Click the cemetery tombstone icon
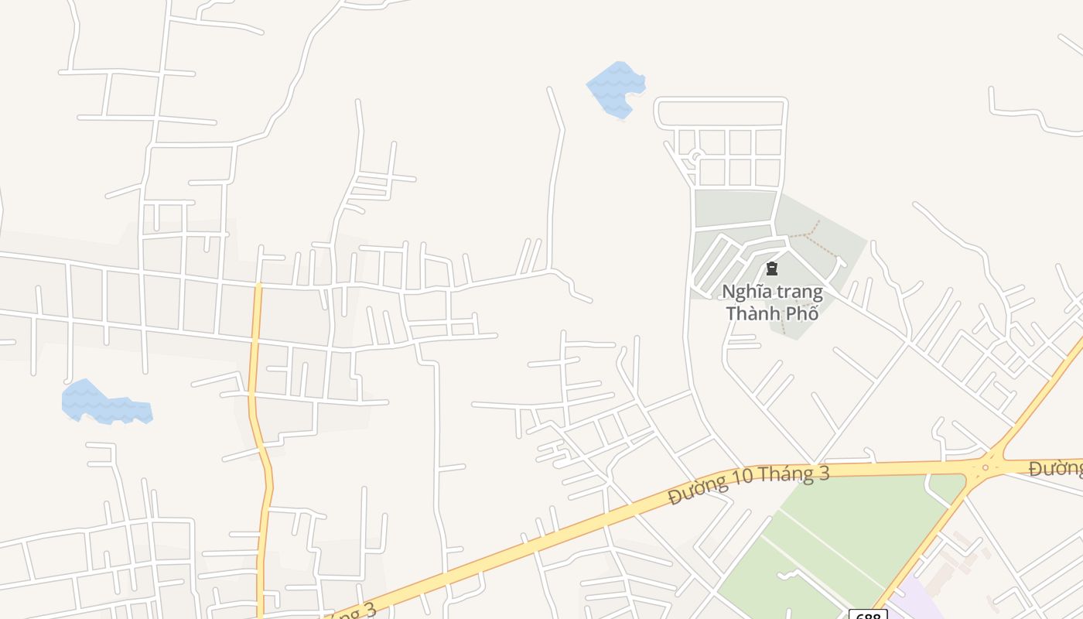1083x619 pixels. click(x=771, y=269)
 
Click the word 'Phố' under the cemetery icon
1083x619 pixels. click(x=804, y=314)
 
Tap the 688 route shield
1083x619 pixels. click(x=867, y=614)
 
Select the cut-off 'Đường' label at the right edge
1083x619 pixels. click(x=1055, y=468)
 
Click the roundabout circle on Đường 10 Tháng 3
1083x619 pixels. click(x=985, y=467)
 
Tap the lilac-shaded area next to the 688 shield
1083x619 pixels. click(x=917, y=604)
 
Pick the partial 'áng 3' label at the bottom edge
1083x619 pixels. click(x=352, y=610)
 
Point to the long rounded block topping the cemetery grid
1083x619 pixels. click(x=721, y=112)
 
